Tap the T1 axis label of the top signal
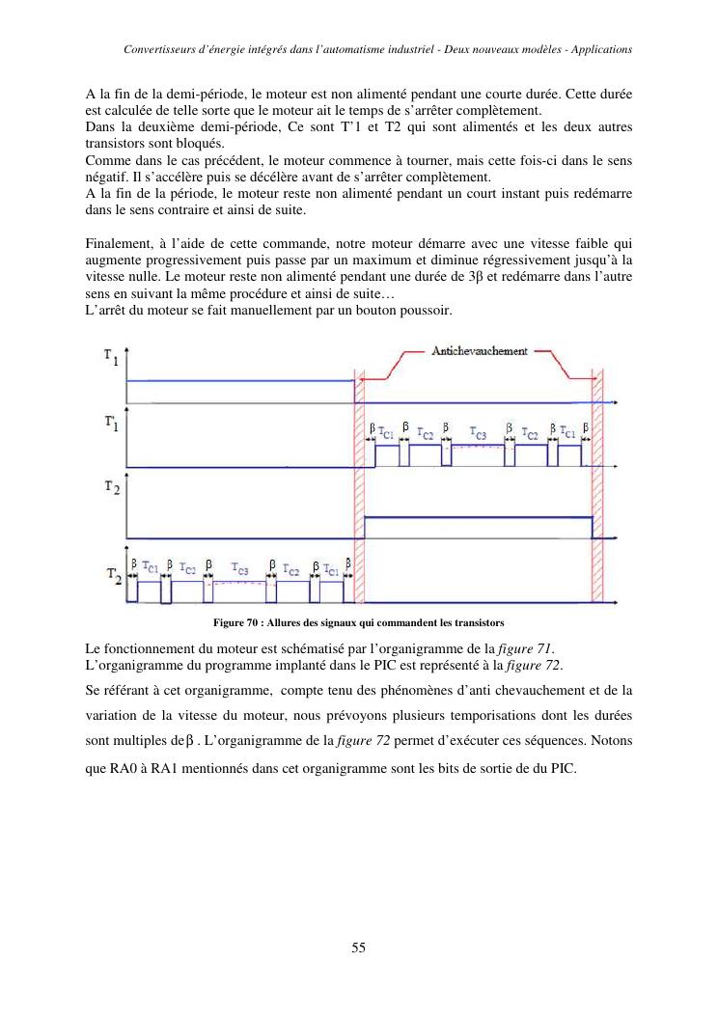click(112, 356)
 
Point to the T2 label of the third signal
click(112, 489)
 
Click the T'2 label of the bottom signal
click(113, 576)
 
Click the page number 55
click(358, 947)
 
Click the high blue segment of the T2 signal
click(478, 518)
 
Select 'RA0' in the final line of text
click(127, 771)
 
